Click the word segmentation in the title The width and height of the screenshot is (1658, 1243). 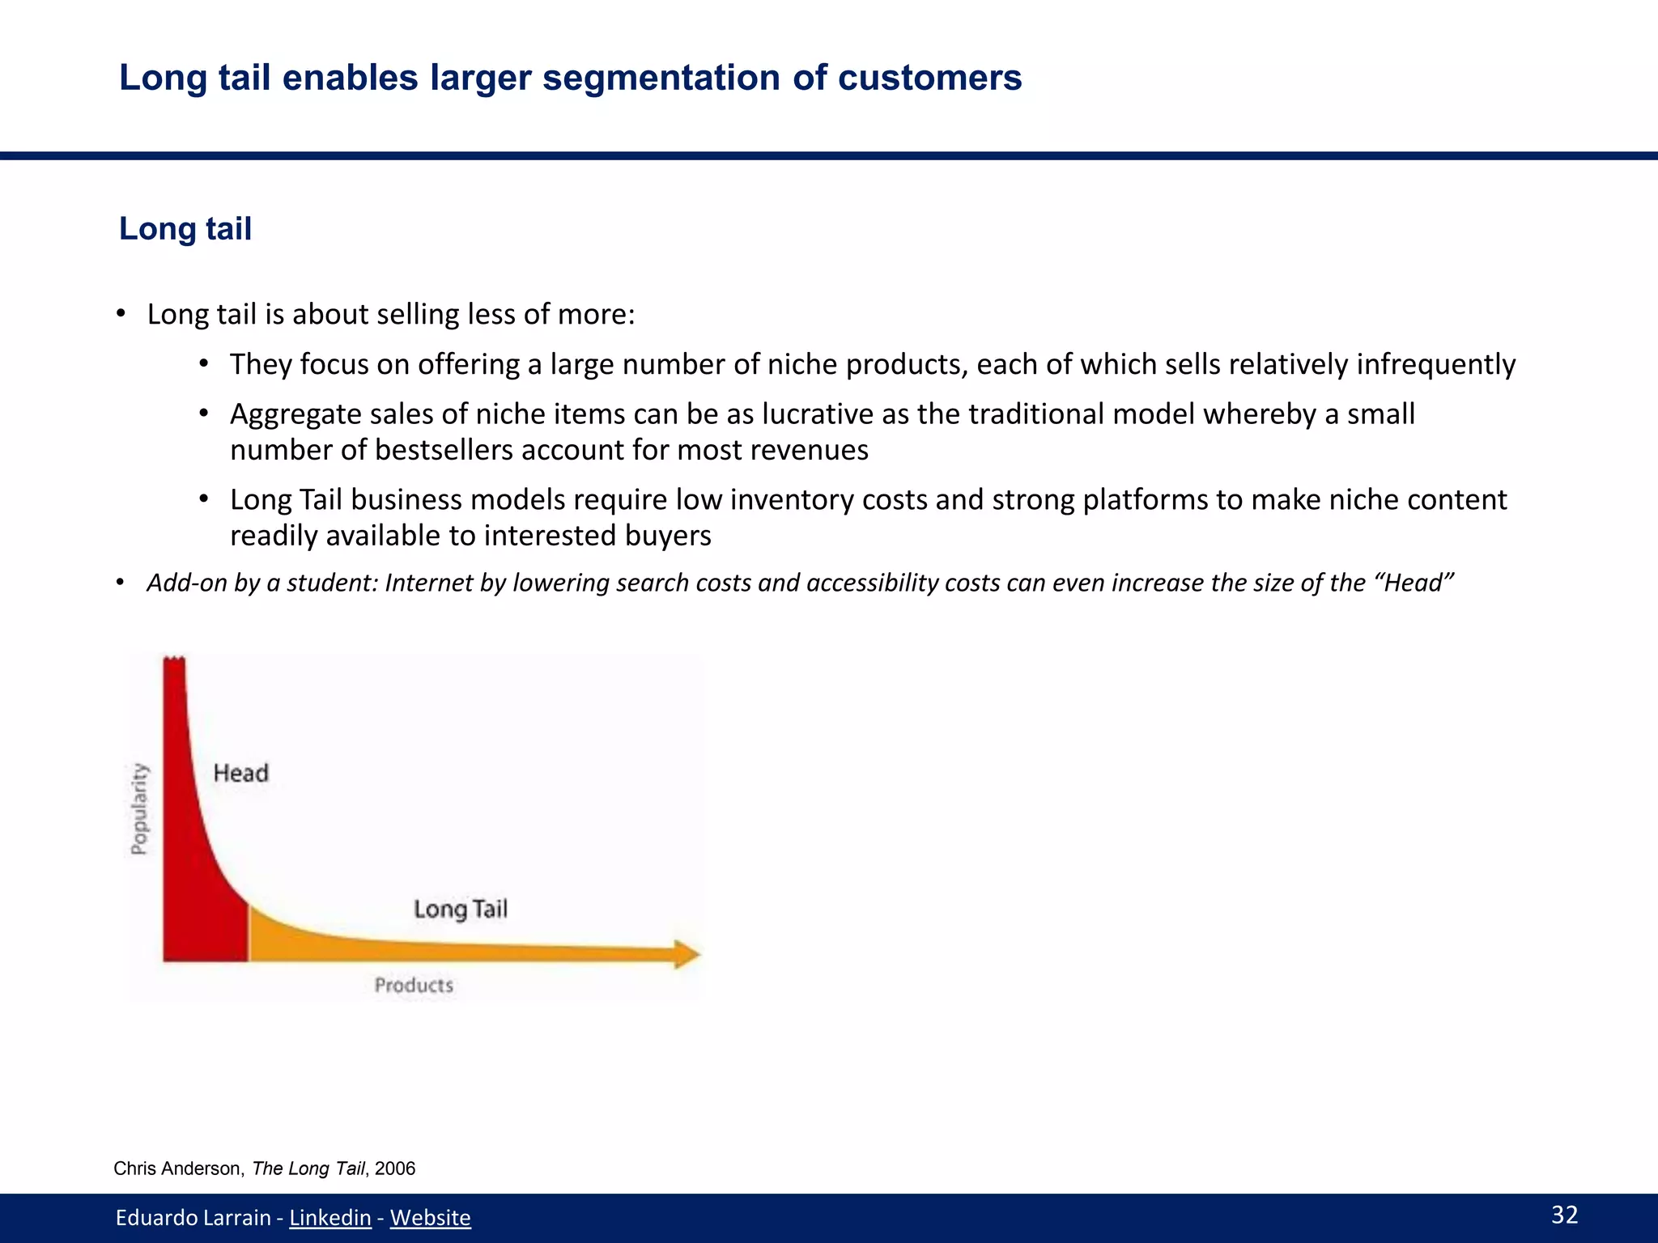coord(661,78)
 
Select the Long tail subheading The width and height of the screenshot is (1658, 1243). coord(185,229)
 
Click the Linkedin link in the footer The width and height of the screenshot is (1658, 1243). coord(329,1217)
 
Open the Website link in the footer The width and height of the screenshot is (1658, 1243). coord(430,1217)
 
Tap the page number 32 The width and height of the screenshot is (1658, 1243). coord(1564,1215)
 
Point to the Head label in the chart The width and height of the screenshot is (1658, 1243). coord(240,773)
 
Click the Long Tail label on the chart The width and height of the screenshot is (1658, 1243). coord(460,909)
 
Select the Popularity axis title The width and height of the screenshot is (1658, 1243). coord(140,808)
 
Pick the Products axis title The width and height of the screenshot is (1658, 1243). coord(414,985)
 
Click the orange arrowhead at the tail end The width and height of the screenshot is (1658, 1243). coord(686,954)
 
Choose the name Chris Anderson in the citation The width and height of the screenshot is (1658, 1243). coord(177,1169)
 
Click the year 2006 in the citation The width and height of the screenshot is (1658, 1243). coord(395,1169)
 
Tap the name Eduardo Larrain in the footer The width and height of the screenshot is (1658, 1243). coord(193,1217)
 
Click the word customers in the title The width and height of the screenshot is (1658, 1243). coord(929,78)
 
